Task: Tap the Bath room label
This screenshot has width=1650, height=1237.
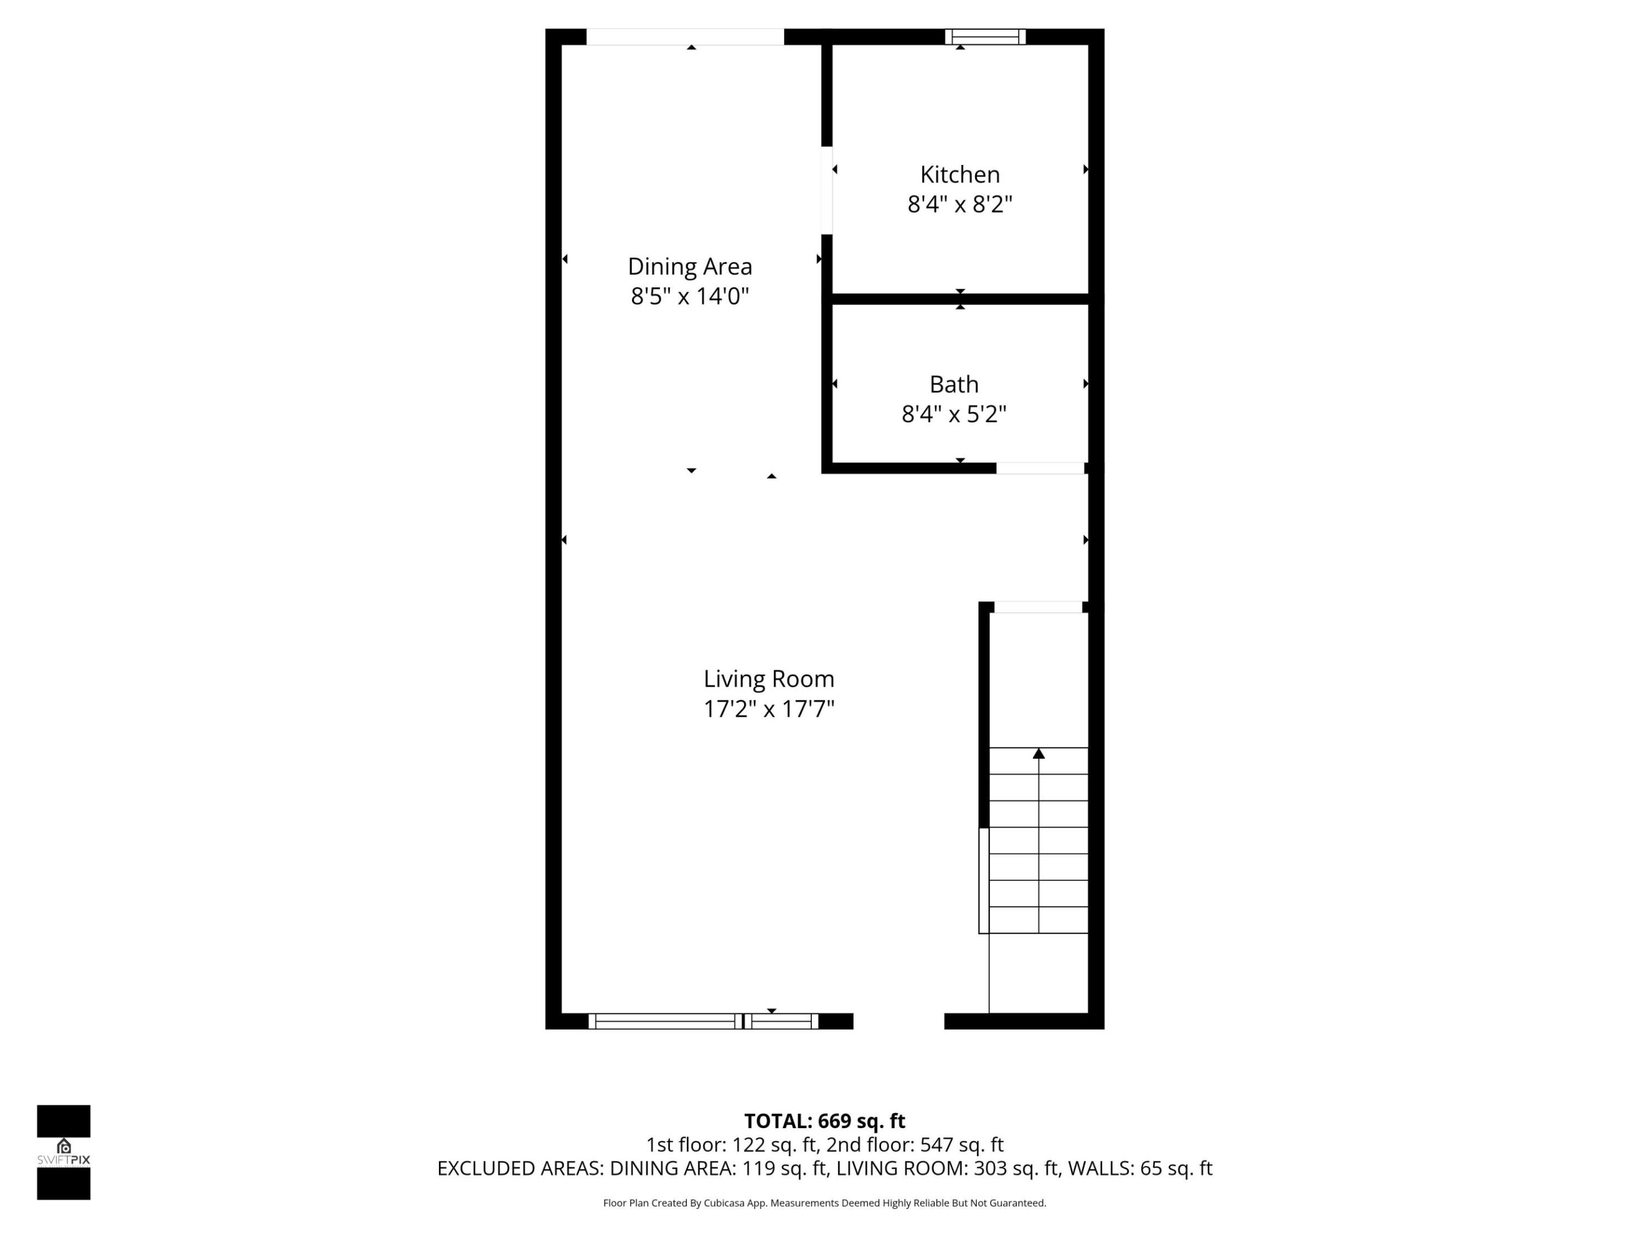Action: pyautogui.click(x=953, y=384)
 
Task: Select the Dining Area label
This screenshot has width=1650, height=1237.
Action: pyautogui.click(x=689, y=266)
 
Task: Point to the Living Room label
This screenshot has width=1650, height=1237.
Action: pyautogui.click(x=768, y=679)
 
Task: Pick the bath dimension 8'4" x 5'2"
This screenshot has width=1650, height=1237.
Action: pyautogui.click(x=953, y=414)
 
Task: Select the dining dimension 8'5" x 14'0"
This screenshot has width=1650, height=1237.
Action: pyautogui.click(x=689, y=296)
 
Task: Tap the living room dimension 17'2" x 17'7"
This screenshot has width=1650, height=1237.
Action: pyautogui.click(x=768, y=708)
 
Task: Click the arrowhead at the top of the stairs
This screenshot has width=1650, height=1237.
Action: pyautogui.click(x=1038, y=754)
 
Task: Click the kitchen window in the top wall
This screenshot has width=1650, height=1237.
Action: pyautogui.click(x=985, y=37)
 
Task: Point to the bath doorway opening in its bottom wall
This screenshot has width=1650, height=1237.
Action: pyautogui.click(x=1040, y=468)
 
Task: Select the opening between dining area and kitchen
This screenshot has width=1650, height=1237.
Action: pyautogui.click(x=827, y=190)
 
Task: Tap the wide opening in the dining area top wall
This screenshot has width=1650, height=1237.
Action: pyautogui.click(x=685, y=37)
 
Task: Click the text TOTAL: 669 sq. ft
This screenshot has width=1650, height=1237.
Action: pyautogui.click(x=824, y=1121)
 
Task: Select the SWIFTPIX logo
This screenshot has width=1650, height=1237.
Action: pyautogui.click(x=64, y=1152)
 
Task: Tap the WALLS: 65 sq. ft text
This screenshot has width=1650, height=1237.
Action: pyautogui.click(x=1140, y=1168)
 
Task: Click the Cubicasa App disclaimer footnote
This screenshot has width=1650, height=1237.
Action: pyautogui.click(x=824, y=1203)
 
